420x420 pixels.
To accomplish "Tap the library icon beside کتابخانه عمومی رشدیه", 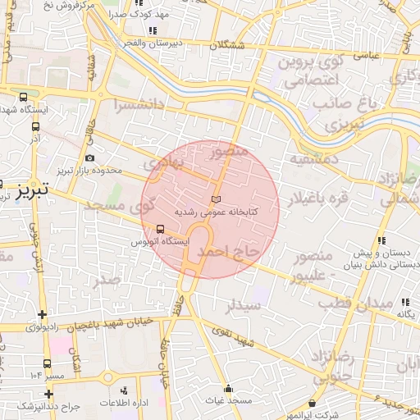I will (x=216, y=199).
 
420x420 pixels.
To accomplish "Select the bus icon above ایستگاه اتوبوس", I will (x=160, y=230).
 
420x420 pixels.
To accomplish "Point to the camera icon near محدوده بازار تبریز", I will (x=89, y=157).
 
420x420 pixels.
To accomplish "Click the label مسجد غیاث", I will (x=228, y=399).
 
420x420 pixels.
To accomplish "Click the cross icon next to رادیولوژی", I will (x=42, y=314).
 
